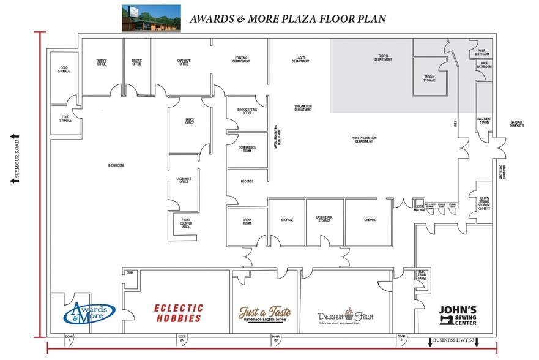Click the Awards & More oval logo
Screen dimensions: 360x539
89,312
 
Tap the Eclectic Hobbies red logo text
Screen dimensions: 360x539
179,313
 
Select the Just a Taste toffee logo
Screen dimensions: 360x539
264,314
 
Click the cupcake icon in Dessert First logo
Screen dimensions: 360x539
349,314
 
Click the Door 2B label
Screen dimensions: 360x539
276,338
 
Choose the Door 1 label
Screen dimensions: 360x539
69,338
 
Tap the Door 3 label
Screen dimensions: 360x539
401,338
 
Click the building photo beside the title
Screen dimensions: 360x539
151,18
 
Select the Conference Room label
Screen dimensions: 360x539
247,149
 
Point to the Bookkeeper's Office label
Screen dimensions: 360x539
247,111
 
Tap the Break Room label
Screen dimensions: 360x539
247,222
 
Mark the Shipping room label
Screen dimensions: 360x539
370,220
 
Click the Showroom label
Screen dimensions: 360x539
116,165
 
